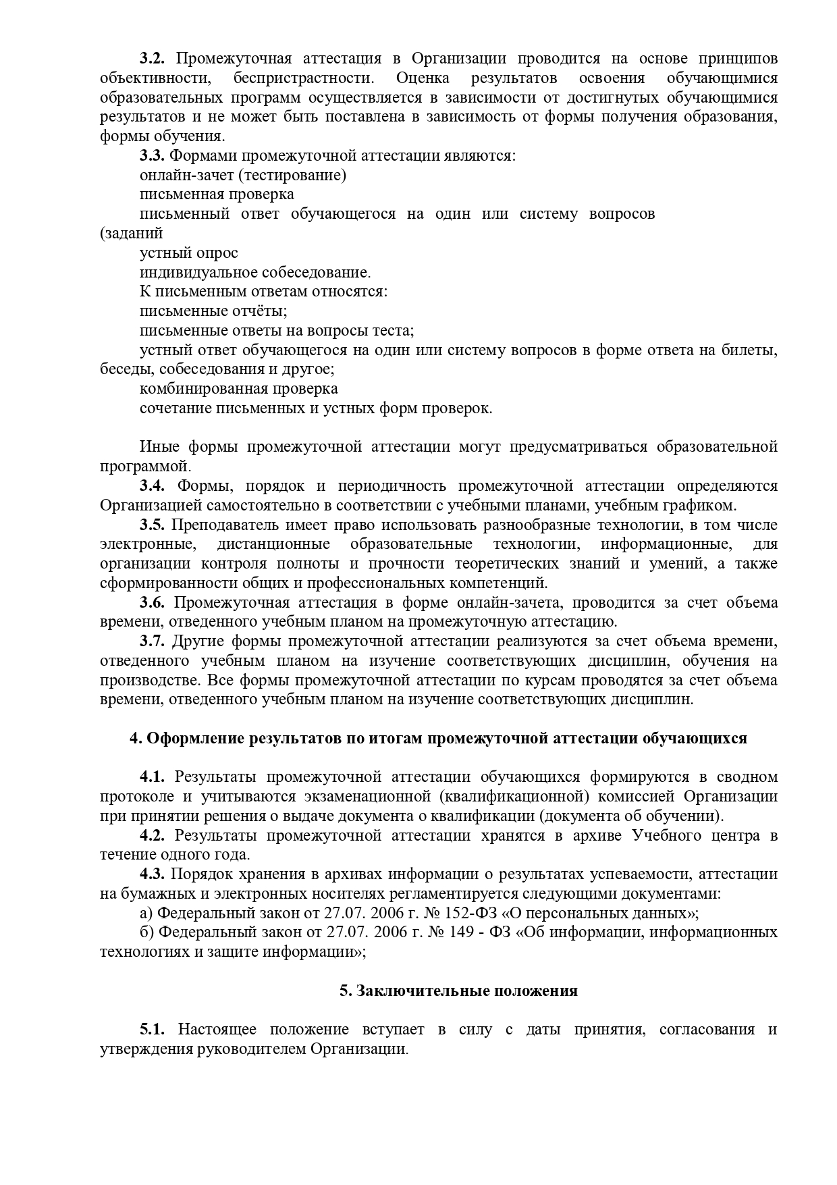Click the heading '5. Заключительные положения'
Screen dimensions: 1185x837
(x=458, y=991)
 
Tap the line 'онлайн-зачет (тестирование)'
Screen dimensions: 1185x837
(x=243, y=176)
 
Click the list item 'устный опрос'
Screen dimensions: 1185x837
(x=189, y=253)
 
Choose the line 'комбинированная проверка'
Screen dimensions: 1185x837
(x=239, y=390)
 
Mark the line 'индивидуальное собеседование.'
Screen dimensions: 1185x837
(x=255, y=273)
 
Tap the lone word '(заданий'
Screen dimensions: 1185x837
(x=132, y=234)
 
